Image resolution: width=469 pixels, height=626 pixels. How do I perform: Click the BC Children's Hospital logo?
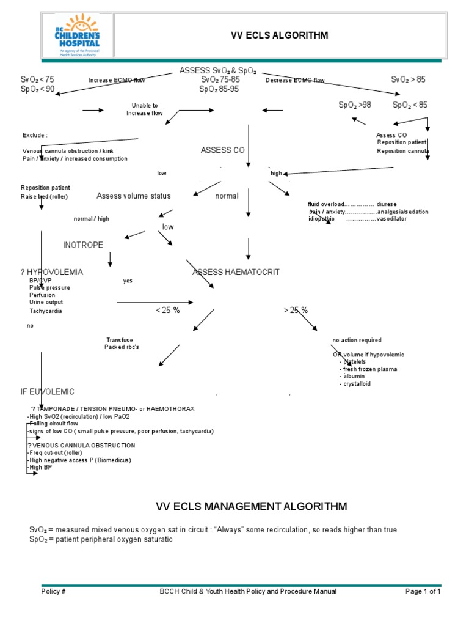pos(77,35)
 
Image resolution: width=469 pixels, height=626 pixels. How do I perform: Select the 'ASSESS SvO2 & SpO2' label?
pos(218,71)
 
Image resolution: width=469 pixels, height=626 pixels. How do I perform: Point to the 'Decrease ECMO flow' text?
pos(295,80)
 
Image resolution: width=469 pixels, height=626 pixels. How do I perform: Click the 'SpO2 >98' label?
pos(355,105)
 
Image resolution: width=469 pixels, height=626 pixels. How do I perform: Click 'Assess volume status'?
pos(134,196)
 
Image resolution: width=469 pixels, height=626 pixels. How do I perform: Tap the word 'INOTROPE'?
pos(83,245)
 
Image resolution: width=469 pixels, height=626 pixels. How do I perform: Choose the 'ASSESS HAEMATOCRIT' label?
pos(236,272)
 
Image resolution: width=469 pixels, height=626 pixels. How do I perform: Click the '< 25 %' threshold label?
pos(168,311)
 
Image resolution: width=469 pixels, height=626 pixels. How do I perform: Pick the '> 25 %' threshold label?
pos(296,311)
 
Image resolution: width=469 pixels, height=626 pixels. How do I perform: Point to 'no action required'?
pos(357,340)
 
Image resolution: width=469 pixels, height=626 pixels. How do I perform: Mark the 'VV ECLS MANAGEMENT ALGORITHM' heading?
pos(252,506)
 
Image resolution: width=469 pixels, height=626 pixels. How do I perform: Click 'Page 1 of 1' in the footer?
pos(423,591)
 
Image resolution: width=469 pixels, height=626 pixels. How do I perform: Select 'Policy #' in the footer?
pos(54,591)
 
